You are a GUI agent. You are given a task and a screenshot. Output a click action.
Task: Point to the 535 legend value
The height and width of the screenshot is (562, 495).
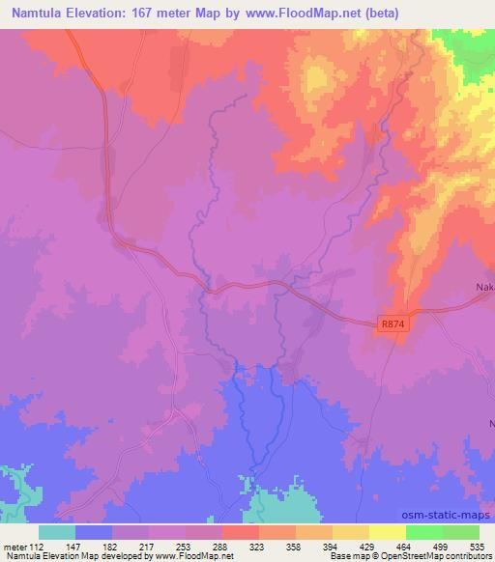tap(480, 546)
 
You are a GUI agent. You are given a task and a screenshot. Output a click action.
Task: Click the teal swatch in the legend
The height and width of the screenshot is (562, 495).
tap(57, 532)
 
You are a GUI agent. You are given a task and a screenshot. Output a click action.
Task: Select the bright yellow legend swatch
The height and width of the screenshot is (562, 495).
tap(387, 532)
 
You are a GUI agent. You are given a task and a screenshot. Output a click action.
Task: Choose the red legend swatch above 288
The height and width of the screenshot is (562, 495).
tap(240, 532)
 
